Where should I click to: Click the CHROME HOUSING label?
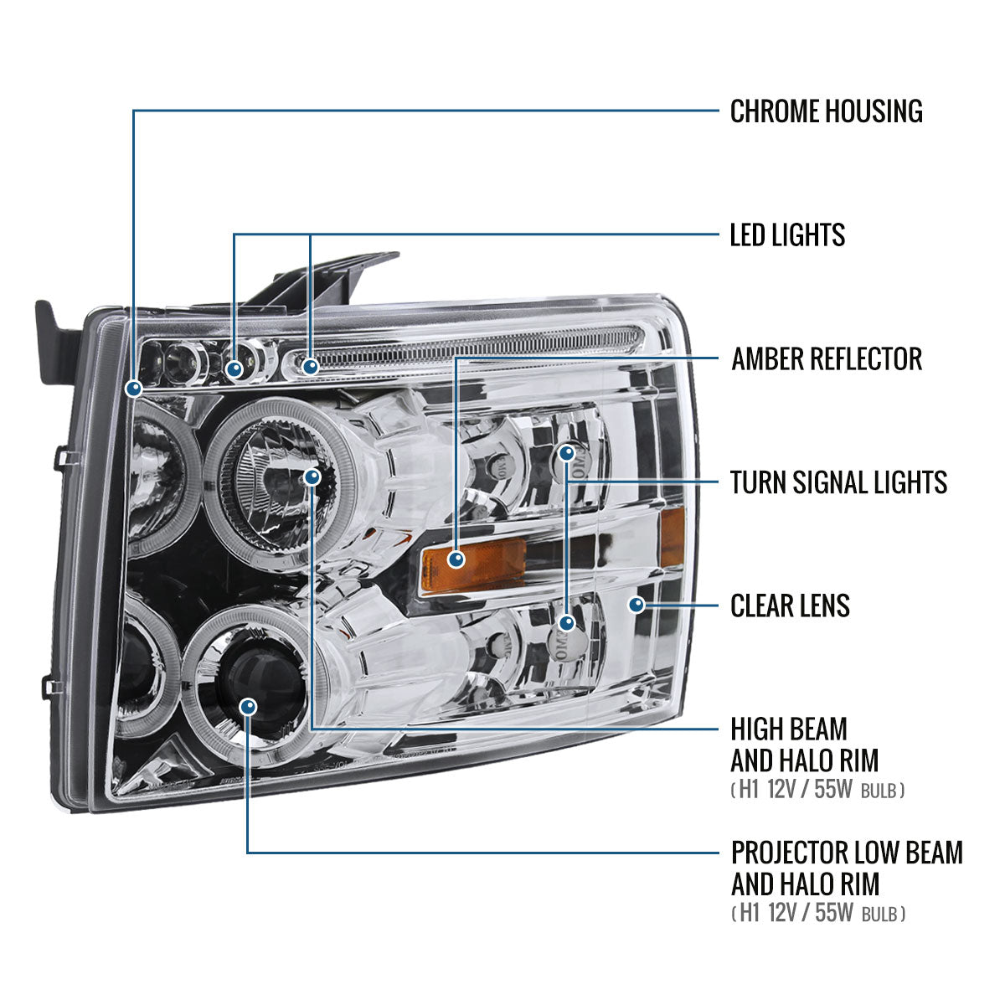(826, 111)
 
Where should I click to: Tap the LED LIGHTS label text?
(787, 234)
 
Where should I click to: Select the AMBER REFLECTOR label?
(827, 358)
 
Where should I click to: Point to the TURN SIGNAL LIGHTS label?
(838, 482)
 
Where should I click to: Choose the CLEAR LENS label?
(790, 606)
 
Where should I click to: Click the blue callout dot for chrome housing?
(134, 388)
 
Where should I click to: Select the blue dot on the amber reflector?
(456, 559)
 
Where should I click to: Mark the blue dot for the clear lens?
(636, 605)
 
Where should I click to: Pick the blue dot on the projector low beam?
(249, 707)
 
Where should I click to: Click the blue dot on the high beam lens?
(312, 477)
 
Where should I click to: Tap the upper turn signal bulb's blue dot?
(567, 453)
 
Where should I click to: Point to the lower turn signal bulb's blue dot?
(567, 623)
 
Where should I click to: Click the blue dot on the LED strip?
(311, 367)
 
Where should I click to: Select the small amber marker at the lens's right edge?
(672, 538)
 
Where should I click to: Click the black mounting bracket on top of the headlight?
(323, 281)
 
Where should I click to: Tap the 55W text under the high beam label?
(832, 789)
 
